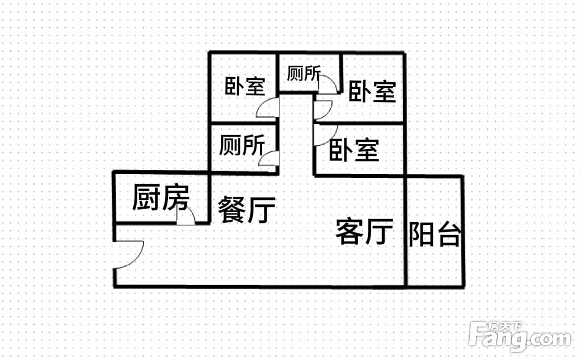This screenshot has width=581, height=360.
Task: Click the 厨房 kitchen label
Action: [x=161, y=198]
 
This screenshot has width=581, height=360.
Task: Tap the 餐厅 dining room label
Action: [x=247, y=210]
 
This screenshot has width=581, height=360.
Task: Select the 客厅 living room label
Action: [x=364, y=231]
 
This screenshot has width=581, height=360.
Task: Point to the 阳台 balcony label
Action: [x=435, y=234]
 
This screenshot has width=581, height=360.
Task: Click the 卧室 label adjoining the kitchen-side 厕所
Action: [x=245, y=86]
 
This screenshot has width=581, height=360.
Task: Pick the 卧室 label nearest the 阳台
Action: [x=354, y=150]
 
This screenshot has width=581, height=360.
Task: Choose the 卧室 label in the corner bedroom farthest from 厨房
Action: [x=372, y=91]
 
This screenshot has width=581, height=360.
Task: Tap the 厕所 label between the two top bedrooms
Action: [x=304, y=73]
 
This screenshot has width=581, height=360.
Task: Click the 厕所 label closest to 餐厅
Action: [x=242, y=145]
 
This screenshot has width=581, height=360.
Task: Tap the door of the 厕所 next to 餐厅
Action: [x=268, y=159]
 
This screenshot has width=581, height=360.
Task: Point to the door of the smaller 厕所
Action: [x=328, y=84]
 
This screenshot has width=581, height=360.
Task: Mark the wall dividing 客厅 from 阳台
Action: [x=406, y=231]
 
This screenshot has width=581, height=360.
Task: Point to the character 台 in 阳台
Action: [x=449, y=235]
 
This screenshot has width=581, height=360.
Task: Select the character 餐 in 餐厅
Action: [x=231, y=210]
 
